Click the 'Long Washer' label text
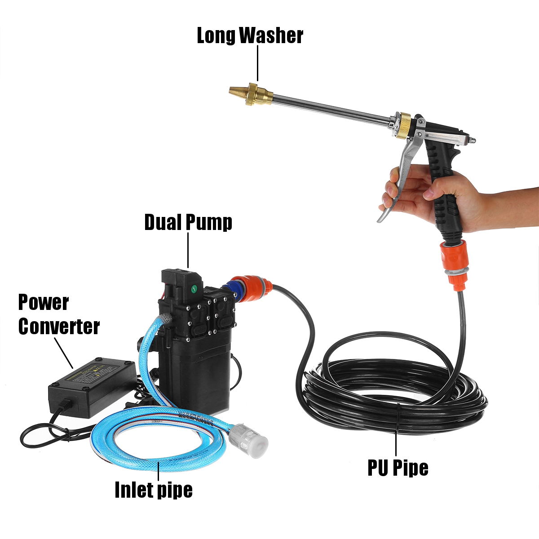click(x=250, y=36)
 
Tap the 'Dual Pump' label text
click(x=188, y=222)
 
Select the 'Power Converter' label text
click(x=58, y=315)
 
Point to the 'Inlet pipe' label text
click(x=154, y=489)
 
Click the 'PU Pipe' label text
click(x=398, y=467)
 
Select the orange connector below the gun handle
click(x=455, y=261)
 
